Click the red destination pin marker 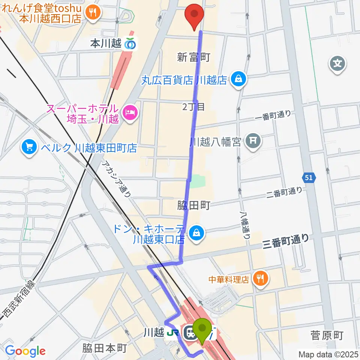tap(194, 14)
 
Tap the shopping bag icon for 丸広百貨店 tap(238, 79)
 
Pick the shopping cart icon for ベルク tap(29, 147)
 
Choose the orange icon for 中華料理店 tap(260, 278)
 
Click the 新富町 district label tap(193, 57)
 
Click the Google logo tap(25, 351)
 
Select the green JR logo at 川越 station tap(173, 332)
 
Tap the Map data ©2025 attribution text tap(328, 354)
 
